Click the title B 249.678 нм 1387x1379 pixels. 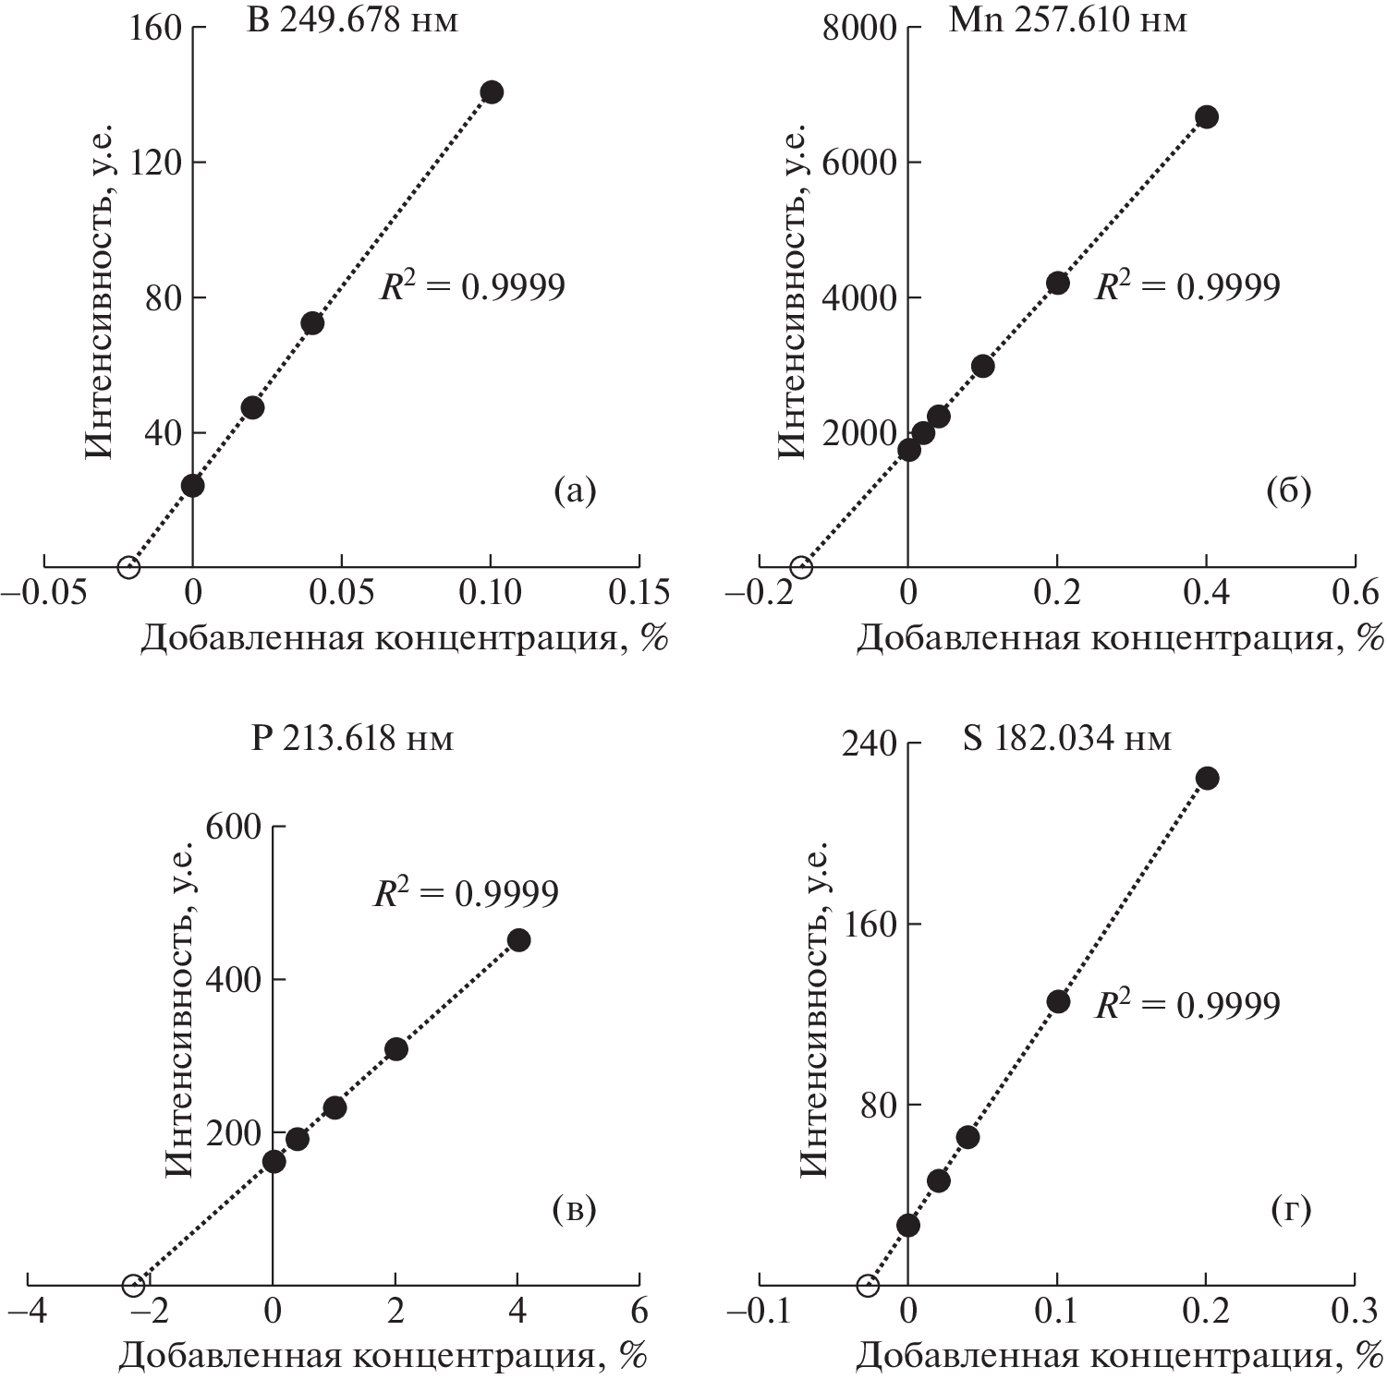[x=352, y=20]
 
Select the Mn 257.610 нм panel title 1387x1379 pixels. [x=1067, y=20]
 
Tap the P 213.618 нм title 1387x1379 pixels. [x=352, y=739]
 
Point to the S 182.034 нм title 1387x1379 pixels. [x=1066, y=739]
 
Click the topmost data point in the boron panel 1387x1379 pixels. [x=492, y=92]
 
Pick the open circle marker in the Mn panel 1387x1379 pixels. [x=802, y=567]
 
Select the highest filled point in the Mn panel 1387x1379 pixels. [x=1207, y=116]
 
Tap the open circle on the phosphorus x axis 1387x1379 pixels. [x=133, y=1285]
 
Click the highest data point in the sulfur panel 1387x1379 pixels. [x=1207, y=778]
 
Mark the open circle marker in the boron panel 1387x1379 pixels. [x=128, y=566]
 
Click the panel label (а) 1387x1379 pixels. [x=575, y=490]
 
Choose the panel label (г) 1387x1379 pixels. [x=1290, y=1209]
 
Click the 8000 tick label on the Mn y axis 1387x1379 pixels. [x=858, y=29]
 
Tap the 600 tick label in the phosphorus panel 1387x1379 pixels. [x=233, y=827]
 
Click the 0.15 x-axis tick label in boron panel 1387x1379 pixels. [x=639, y=593]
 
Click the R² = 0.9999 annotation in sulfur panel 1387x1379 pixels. [x=1187, y=1004]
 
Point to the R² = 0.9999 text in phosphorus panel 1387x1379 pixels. [x=466, y=893]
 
